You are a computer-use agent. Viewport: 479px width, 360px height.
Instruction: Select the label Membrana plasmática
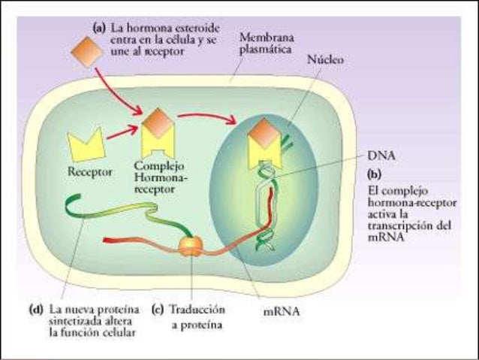click(x=266, y=44)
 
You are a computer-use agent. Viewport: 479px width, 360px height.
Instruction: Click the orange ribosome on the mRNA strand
click(x=189, y=246)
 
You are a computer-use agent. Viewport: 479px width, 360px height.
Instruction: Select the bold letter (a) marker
click(x=98, y=24)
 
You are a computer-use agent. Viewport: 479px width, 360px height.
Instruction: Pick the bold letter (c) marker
click(x=158, y=309)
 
